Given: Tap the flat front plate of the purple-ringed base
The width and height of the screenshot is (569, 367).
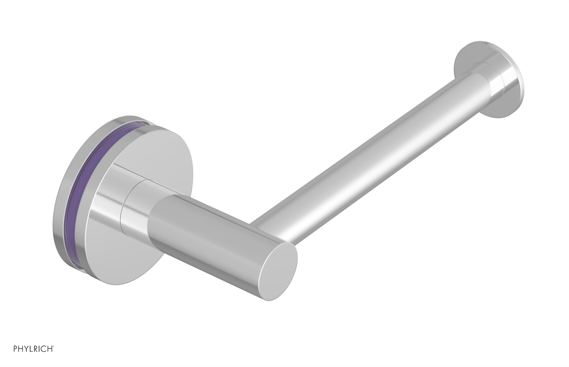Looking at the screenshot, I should tap(122, 252).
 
